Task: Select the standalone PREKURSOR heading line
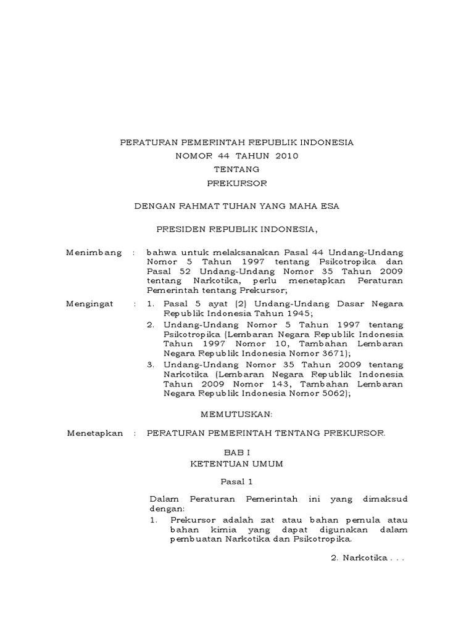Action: tap(237, 183)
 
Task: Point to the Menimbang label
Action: tap(94, 253)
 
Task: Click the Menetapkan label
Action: tap(95, 433)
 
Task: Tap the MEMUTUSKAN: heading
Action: tap(237, 415)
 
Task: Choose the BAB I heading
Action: tap(237, 452)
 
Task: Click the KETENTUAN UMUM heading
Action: tap(237, 464)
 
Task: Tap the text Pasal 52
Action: tap(163, 271)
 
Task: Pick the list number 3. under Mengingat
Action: tap(151, 364)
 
